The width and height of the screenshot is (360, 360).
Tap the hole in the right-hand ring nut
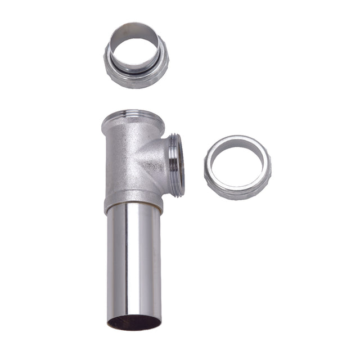pyautogui.click(x=236, y=164)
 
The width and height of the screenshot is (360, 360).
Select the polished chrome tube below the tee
pyautogui.click(x=133, y=264)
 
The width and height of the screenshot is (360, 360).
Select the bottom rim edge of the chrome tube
pyautogui.click(x=133, y=328)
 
